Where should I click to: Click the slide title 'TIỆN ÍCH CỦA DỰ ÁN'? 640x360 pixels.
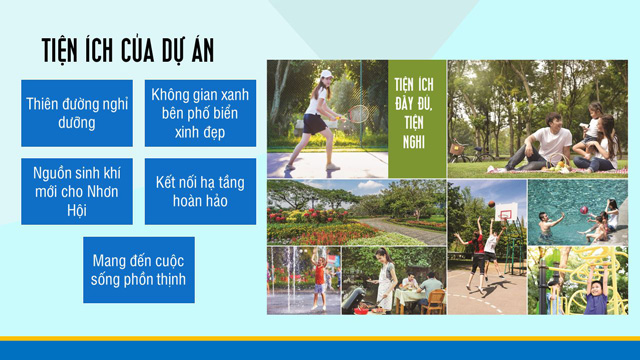click(127, 51)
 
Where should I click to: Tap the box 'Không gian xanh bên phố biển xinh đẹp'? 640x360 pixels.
click(200, 112)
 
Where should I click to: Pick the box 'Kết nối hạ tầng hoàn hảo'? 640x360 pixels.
click(200, 190)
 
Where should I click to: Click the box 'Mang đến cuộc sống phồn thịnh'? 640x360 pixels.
click(139, 269)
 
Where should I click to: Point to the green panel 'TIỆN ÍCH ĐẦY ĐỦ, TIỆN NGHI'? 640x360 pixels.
click(417, 119)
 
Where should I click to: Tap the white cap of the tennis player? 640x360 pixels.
click(324, 73)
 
